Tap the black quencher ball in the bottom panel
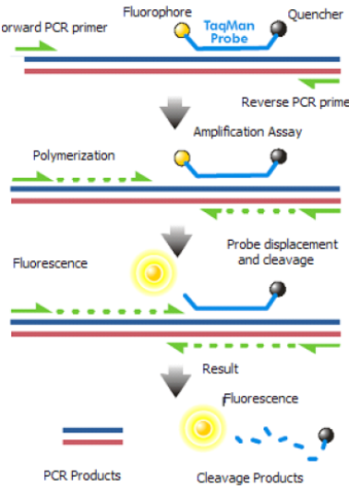point(326,436)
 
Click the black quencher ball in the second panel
point(275,157)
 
